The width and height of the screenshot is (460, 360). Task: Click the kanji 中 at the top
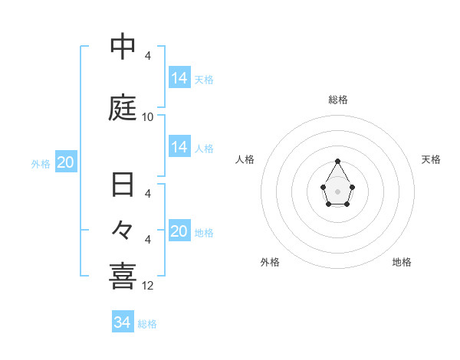pos(123,47)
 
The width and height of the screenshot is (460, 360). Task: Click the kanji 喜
pos(123,276)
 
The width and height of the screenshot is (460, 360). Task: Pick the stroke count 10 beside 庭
pos(148,117)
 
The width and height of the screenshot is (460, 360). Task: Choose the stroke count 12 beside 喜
pos(148,286)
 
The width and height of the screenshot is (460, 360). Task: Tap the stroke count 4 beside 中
pos(148,56)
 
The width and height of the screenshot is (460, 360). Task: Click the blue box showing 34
pos(123,322)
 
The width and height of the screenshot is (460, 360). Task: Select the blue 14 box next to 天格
pos(179,78)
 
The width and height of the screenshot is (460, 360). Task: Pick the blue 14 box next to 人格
pos(179,147)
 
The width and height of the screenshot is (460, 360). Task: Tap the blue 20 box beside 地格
pos(179,231)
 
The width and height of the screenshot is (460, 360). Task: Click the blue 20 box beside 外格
pos(66,162)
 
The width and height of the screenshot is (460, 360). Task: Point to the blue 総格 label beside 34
pos(147,324)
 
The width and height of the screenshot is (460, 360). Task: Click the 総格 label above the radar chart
pos(338,100)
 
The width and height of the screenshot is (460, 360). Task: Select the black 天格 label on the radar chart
pos(431,159)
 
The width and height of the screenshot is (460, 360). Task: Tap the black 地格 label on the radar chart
pos(402,262)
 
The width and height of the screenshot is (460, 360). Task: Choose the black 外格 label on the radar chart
pos(270,262)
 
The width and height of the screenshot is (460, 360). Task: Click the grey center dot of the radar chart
pos(338,191)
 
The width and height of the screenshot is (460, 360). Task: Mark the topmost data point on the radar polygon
pos(338,161)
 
